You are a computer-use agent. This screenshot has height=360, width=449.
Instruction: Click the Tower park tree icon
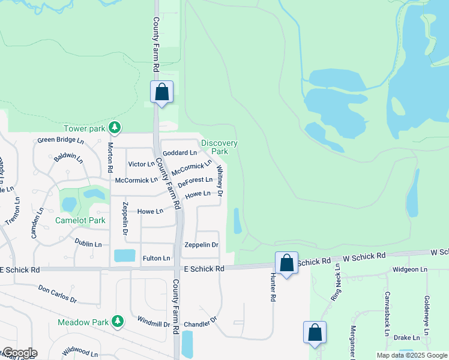115,128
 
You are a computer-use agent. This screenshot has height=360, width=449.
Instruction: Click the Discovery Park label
219,147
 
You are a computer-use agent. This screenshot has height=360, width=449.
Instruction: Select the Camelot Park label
80,220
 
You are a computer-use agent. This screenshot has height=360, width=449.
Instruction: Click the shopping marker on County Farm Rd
161,92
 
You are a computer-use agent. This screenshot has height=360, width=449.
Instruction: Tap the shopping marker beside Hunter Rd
287,263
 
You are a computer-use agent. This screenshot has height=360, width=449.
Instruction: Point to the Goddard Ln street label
179,153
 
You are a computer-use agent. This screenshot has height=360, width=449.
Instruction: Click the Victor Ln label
141,164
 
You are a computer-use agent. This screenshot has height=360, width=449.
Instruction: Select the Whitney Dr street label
220,181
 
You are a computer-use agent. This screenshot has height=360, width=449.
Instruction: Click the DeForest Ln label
195,180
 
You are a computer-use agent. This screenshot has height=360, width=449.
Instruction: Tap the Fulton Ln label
157,258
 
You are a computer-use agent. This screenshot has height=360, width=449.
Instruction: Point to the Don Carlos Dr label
58,294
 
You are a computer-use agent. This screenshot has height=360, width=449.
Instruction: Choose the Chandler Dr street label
200,323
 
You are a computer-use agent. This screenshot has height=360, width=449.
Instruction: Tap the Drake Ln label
406,338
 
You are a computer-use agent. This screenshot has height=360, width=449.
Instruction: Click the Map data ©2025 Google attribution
411,355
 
